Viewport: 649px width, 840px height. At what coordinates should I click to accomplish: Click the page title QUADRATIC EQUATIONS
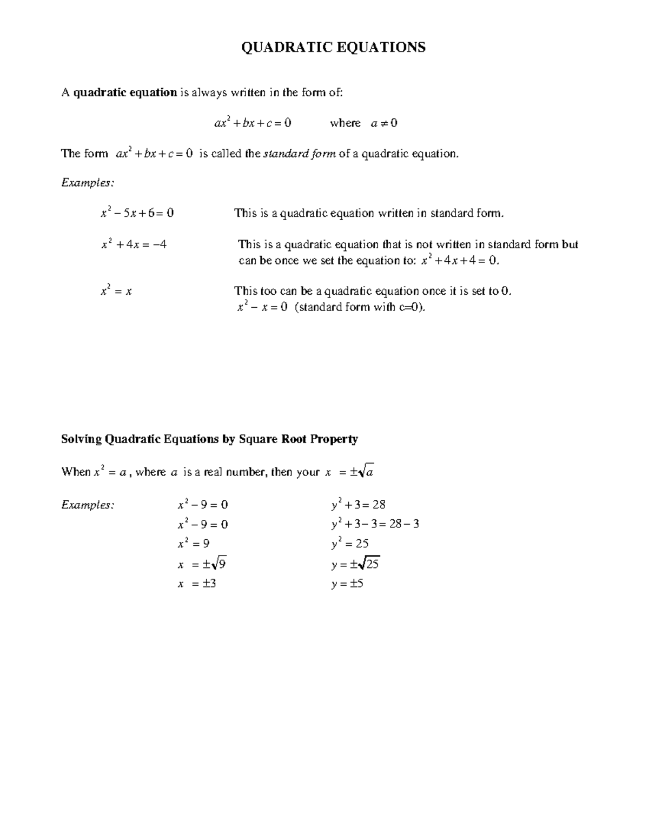point(333,48)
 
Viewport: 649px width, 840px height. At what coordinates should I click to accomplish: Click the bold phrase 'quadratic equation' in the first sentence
point(125,92)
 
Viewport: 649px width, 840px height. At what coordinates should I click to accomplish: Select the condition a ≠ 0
point(384,123)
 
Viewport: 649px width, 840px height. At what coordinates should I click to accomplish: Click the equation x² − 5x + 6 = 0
point(137,213)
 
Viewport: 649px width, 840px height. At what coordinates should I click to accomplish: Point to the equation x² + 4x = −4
point(134,244)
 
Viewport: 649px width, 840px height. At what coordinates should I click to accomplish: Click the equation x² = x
point(116,292)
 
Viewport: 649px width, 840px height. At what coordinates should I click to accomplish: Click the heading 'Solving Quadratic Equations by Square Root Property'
point(209,439)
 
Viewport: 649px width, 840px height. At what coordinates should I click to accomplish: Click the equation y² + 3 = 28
point(358,505)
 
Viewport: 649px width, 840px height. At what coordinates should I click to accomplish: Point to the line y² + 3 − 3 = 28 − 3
point(375,524)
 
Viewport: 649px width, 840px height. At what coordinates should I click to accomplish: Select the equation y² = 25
point(350,544)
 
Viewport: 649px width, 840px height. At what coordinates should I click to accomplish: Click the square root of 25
point(370,564)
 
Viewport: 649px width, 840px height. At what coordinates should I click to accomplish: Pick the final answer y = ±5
point(347,584)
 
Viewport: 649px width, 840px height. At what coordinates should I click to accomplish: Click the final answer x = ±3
point(197,584)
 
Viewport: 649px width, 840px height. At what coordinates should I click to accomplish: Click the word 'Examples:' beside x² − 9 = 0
point(88,505)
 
